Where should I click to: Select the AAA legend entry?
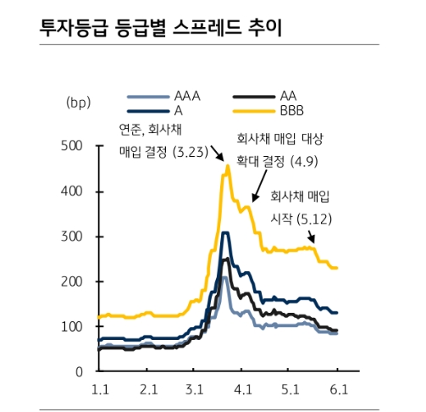pos(185,96)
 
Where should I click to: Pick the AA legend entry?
pos(288,96)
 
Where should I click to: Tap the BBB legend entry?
pos(292,110)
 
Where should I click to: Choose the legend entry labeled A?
pos(179,110)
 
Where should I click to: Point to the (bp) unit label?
pos(77,103)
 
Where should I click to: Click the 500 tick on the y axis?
pos(73,146)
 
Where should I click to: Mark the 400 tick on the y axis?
pos(73,192)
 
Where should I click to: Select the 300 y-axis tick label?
pos(73,237)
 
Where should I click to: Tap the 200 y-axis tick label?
pos(73,281)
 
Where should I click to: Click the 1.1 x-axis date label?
pos(100,389)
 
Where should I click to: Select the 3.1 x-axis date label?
pos(196,389)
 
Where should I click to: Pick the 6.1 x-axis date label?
pos(338,389)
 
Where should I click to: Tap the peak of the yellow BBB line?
pos(227,166)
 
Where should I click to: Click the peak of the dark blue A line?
pos(225,232)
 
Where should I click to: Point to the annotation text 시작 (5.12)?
pos(300,218)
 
